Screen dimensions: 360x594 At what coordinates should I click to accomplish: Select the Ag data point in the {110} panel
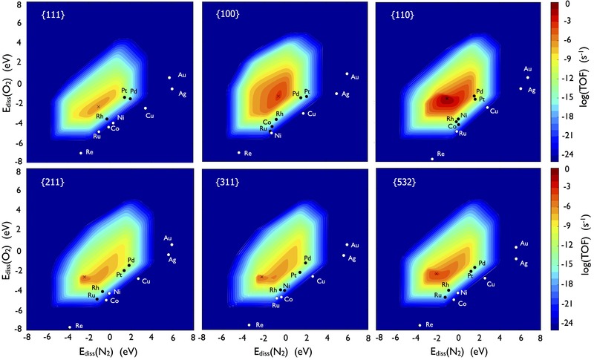[x=520, y=89]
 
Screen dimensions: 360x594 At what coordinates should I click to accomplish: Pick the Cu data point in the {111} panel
[x=146, y=108]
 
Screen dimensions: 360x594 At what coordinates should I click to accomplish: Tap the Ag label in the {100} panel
[x=345, y=94]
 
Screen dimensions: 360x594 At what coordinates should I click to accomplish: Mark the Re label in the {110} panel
[x=441, y=154]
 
